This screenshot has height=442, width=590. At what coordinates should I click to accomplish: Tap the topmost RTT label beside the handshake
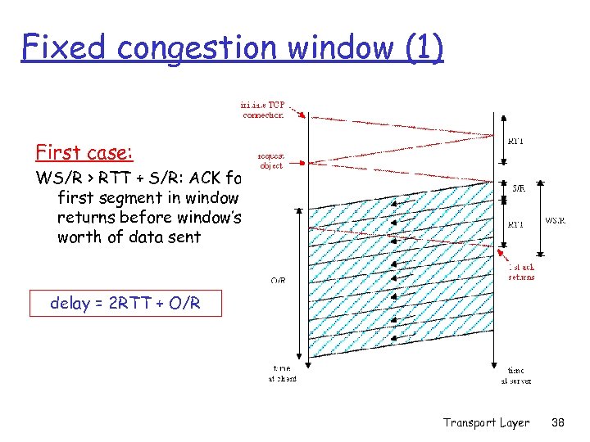516,141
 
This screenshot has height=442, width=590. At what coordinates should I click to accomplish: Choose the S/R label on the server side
519,187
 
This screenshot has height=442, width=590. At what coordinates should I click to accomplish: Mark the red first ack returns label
522,271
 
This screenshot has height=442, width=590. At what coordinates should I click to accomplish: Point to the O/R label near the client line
278,281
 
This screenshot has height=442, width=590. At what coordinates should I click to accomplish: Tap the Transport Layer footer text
486,422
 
